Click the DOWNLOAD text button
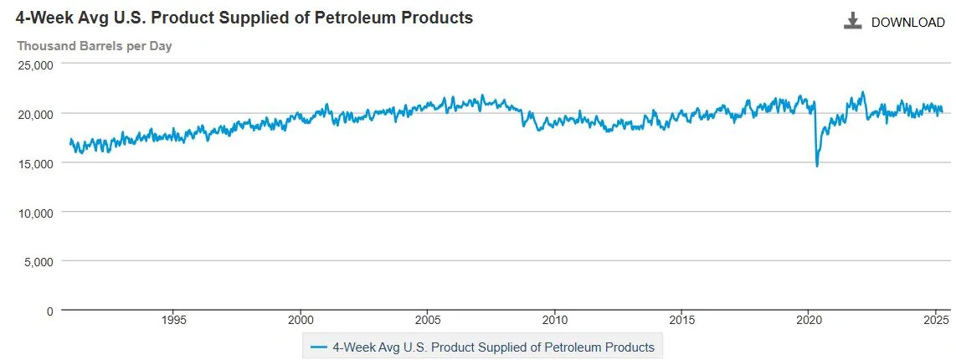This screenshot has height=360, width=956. point(907,23)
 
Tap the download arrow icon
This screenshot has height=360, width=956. point(852,22)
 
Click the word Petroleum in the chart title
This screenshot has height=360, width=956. point(352,18)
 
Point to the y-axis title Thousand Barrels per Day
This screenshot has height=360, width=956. point(95,46)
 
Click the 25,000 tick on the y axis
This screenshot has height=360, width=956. point(36,64)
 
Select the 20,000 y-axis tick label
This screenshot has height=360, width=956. point(36,114)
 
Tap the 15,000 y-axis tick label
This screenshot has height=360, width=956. point(36,163)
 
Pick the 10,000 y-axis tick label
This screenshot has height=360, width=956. point(36,213)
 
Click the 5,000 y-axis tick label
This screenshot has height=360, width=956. point(39,261)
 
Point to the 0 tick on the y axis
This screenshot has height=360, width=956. point(49,311)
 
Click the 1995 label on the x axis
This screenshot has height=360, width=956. point(173,320)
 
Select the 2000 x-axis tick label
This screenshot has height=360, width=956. point(301,320)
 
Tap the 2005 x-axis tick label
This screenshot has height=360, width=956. point(428,320)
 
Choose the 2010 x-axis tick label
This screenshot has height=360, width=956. point(555,320)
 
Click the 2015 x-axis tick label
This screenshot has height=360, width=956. point(682,320)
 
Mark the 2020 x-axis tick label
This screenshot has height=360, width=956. point(810,320)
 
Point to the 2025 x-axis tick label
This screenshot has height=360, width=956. point(936,320)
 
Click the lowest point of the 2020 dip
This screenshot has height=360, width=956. point(817,166)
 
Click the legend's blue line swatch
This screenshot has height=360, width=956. point(318,346)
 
